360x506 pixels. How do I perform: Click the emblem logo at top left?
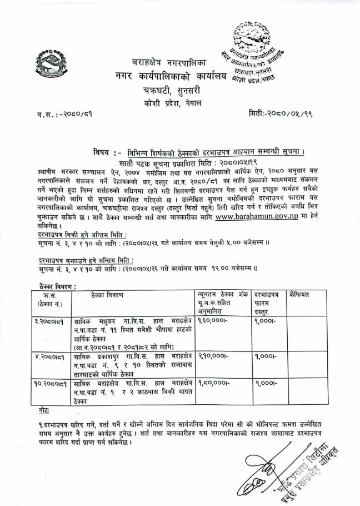coord(49,65)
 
